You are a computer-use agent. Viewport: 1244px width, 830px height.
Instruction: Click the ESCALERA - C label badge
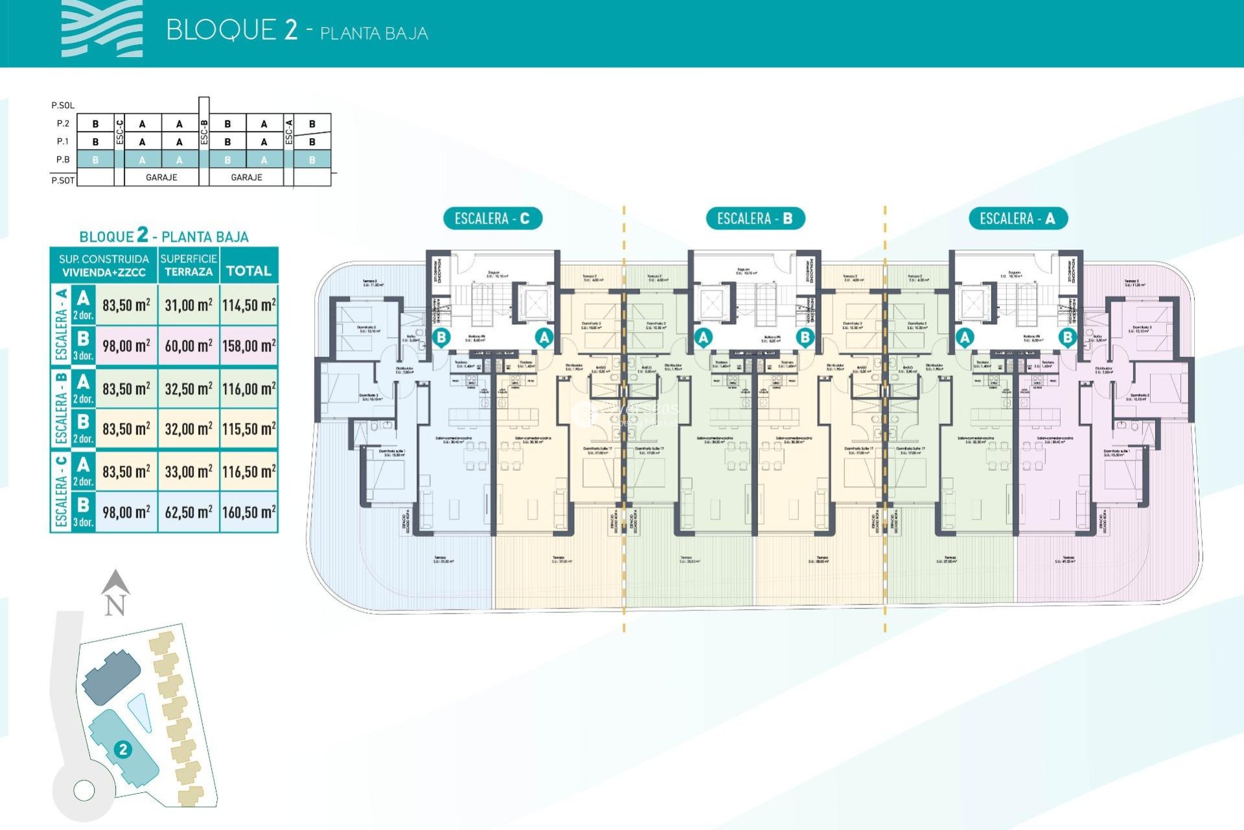(x=492, y=219)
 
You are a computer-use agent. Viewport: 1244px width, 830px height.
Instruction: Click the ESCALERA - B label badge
(x=755, y=219)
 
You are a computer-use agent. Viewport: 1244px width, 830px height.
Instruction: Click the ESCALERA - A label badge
(x=1017, y=219)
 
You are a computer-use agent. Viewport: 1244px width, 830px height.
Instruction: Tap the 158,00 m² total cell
(x=249, y=346)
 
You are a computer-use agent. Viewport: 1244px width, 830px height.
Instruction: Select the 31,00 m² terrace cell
(x=188, y=305)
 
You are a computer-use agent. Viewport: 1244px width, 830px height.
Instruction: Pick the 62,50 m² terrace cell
(x=188, y=512)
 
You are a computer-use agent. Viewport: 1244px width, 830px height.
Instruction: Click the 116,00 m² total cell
(x=249, y=389)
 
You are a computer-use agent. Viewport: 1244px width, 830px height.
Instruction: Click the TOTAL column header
(x=249, y=270)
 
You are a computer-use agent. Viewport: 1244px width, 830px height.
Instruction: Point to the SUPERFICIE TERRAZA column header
(x=188, y=265)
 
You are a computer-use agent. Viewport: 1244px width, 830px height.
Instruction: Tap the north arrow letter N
(x=115, y=606)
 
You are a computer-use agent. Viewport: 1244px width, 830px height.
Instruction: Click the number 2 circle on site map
(x=122, y=750)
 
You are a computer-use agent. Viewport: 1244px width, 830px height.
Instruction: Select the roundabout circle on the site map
(x=84, y=790)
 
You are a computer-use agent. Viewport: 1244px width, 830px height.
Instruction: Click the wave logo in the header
(x=102, y=29)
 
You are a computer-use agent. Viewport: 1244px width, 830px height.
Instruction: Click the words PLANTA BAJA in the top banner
(x=374, y=33)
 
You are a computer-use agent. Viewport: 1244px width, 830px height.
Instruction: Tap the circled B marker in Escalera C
(x=441, y=337)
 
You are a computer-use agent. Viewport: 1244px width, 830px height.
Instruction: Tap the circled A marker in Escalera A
(x=965, y=337)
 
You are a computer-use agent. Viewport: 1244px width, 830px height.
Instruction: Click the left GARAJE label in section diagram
(x=161, y=177)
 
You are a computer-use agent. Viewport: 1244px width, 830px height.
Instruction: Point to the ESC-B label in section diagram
(x=204, y=132)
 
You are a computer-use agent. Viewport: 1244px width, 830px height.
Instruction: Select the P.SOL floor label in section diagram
(x=63, y=105)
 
